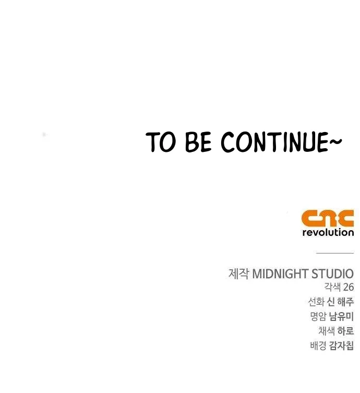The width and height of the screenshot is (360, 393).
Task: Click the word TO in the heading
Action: click(160, 142)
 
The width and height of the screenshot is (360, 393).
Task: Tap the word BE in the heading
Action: click(198, 142)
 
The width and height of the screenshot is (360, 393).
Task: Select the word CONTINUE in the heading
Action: click(274, 142)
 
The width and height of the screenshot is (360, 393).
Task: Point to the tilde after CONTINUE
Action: click(335, 141)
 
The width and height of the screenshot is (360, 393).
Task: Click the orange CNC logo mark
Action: click(328, 218)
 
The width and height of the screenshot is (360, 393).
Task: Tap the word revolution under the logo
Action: click(328, 232)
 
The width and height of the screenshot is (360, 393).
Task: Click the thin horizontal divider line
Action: click(335, 253)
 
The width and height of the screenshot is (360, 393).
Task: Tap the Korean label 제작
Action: click(239, 273)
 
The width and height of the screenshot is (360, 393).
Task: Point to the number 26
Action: click(349, 287)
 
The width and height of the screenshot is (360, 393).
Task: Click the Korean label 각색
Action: click(332, 287)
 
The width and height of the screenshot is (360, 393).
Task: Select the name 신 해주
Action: click(341, 302)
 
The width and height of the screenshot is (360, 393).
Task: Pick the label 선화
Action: click(316, 302)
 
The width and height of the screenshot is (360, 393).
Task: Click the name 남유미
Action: click(341, 317)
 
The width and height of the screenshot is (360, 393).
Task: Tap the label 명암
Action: click(318, 317)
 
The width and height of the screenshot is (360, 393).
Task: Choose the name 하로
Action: click(345, 331)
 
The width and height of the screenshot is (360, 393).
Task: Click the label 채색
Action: click(327, 331)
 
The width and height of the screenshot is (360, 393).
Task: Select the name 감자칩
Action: click(341, 346)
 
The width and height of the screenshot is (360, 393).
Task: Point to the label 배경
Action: click(318, 346)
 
